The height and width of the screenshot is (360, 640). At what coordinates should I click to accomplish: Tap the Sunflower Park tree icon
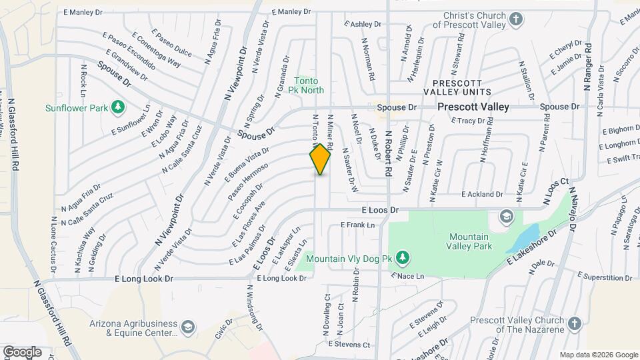[x=118, y=107]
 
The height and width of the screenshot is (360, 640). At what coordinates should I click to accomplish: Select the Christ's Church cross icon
[x=515, y=19]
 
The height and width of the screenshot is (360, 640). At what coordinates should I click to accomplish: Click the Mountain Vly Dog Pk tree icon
[x=401, y=257]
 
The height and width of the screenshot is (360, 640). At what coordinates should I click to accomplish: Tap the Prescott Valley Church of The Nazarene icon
[x=573, y=325]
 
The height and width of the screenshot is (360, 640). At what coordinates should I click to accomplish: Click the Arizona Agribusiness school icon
[x=188, y=327]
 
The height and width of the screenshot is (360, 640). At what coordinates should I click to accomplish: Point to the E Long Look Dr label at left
[x=144, y=279]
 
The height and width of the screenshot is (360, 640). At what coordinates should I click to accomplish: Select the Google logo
[x=22, y=351]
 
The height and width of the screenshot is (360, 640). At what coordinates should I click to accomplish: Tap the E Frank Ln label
[x=357, y=225]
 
